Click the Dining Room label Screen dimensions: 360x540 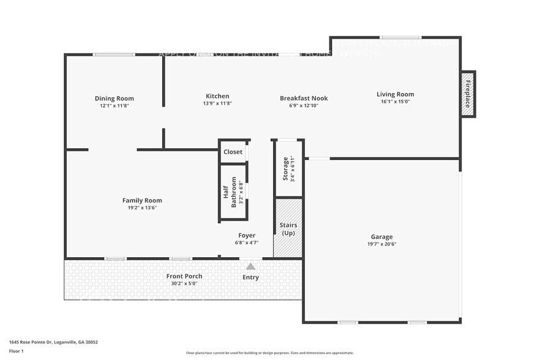click(114, 99)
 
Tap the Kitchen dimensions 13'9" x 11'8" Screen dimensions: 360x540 click(217, 103)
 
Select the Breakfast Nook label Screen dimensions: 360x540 click(304, 98)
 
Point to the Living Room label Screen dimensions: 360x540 click(395, 94)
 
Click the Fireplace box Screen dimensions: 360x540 click(468, 94)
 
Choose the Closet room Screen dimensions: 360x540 click(233, 152)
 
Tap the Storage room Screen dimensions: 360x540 click(288, 168)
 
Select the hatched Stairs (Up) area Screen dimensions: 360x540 click(288, 228)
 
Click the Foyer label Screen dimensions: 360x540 click(247, 235)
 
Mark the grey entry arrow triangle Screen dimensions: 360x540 click(250, 266)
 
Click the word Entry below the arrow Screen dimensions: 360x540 click(250, 277)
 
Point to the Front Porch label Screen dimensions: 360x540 click(184, 276)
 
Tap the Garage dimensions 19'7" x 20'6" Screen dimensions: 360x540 click(381, 244)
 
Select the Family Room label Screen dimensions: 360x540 click(142, 200)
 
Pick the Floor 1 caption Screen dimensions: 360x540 click(16, 351)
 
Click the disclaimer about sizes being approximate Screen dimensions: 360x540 click(269, 353)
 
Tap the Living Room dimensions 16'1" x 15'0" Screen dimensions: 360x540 click(395, 102)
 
